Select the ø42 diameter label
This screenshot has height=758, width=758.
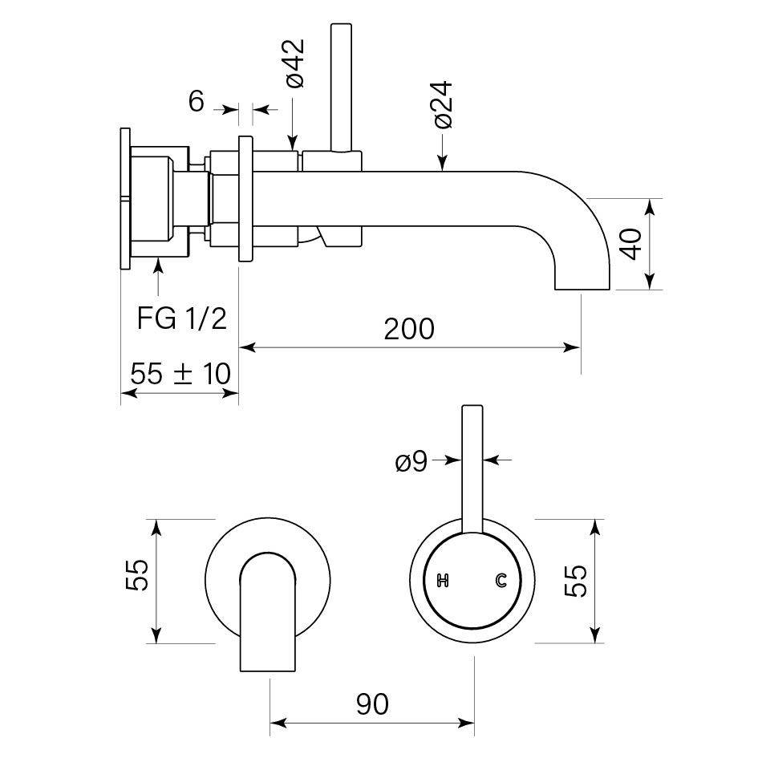click(x=294, y=63)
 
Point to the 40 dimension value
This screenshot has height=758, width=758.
click(x=633, y=243)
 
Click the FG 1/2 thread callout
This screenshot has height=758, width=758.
click(x=181, y=318)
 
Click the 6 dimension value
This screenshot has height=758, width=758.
click(x=197, y=102)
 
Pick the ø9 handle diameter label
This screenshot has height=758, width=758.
click(x=411, y=462)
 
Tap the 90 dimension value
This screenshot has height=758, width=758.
click(x=371, y=704)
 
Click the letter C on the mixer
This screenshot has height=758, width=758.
click(x=502, y=580)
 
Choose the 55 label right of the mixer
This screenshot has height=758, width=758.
click(x=576, y=580)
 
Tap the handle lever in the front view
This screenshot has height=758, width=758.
click(x=472, y=465)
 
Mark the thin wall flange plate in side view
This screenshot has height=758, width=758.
click(x=125, y=201)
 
